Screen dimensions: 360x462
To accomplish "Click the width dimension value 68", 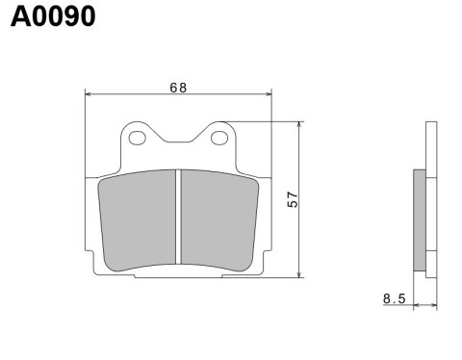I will point(178,87).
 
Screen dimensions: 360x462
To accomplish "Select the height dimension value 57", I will point(294,200).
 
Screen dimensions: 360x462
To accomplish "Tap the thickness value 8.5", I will point(394,299).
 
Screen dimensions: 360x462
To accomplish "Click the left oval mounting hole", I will point(138,139).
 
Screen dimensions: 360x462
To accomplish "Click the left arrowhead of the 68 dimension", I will point(90,94).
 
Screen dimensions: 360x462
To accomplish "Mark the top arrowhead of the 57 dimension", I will point(302,126).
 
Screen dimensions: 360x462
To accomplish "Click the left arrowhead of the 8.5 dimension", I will point(416,305).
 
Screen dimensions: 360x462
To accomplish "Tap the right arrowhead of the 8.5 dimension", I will point(435,305).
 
